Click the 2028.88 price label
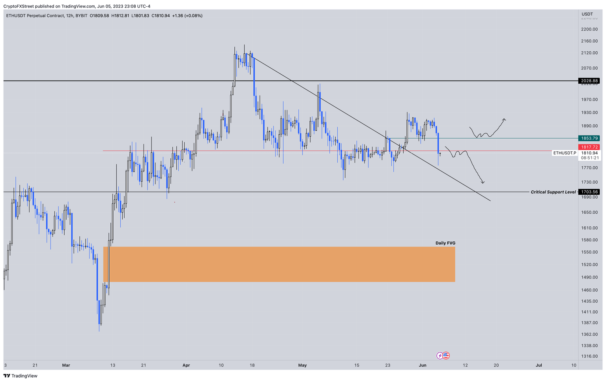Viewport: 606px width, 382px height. tap(589, 81)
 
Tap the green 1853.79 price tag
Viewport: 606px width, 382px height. tap(589, 138)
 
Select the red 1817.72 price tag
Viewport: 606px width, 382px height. tap(589, 147)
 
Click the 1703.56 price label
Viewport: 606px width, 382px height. tap(589, 192)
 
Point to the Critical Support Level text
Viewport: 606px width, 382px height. tap(553, 192)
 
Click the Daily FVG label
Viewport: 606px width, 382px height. tap(445, 243)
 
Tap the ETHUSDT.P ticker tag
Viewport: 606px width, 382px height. tap(564, 153)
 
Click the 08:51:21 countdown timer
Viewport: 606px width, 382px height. tap(590, 158)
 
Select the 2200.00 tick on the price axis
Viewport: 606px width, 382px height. tap(589, 29)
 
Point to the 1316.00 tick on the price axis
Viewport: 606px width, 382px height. tap(589, 356)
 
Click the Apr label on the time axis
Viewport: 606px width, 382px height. tap(186, 365)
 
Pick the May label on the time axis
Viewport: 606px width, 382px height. tap(302, 365)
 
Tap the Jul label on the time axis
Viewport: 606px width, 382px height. tap(539, 365)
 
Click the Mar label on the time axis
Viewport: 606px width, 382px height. tap(66, 365)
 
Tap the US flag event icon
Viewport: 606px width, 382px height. tap(446, 356)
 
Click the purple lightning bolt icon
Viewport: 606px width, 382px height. tap(440, 356)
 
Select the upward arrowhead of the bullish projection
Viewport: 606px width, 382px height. tap(504, 119)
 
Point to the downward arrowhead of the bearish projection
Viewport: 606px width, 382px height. tap(483, 182)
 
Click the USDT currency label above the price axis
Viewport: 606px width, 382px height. tap(587, 14)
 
